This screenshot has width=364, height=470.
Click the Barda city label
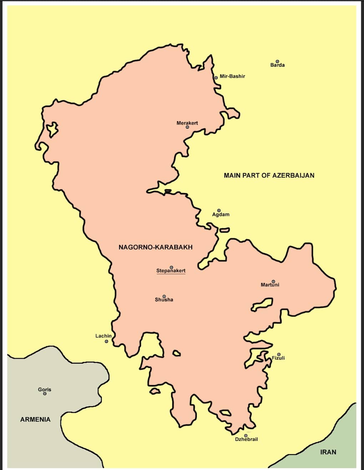tap(277, 65)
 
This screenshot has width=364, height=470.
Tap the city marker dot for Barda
tap(277, 61)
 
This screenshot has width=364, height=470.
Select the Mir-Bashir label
tap(232, 76)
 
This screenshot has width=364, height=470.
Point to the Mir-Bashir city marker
tap(216, 77)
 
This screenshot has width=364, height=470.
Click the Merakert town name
tap(187, 123)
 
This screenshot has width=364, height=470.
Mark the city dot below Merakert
tap(187, 127)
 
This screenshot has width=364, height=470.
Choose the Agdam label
tap(221, 215)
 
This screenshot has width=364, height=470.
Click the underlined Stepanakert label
tap(171, 271)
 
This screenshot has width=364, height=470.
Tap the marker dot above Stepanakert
tap(171, 267)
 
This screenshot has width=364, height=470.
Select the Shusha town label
tap(164, 300)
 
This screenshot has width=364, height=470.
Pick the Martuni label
tap(270, 285)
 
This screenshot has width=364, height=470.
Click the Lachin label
tap(103, 336)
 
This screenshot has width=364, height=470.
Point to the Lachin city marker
tap(106, 341)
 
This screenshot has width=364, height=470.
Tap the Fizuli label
tap(278, 358)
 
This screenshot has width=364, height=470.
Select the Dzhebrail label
tap(246, 439)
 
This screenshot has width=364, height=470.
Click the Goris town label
tap(45, 390)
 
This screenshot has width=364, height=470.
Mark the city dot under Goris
tap(45, 394)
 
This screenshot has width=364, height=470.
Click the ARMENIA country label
tap(35, 420)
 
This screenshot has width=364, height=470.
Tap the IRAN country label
tap(328, 452)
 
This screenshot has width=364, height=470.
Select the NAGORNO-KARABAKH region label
tap(156, 247)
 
